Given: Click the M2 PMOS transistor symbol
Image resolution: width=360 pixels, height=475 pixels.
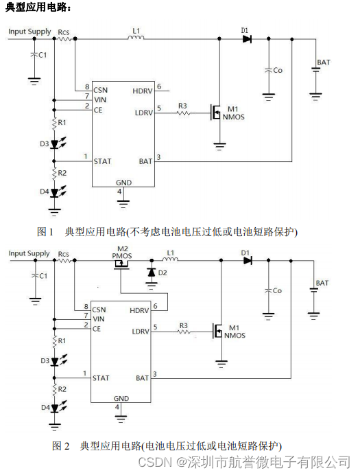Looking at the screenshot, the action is (x=121, y=265).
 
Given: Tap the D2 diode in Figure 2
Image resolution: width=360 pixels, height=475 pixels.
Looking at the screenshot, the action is (x=152, y=273).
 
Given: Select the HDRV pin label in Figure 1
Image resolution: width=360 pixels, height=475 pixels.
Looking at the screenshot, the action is (x=142, y=91).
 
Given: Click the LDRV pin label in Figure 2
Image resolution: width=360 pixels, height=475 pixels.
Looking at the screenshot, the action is (x=141, y=332).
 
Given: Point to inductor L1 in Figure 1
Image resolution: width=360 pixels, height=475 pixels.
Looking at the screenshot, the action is (x=136, y=37).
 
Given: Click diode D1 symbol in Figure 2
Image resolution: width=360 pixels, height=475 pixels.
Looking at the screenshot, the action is (x=248, y=260).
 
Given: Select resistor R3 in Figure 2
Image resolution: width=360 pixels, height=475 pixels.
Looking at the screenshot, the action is (x=184, y=332).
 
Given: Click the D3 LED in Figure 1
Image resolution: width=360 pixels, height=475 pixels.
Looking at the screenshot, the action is (x=54, y=144).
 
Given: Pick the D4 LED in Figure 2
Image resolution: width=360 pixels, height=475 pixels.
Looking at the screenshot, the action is (x=54, y=408).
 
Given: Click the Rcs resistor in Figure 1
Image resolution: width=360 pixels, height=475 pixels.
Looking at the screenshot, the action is (x=64, y=38).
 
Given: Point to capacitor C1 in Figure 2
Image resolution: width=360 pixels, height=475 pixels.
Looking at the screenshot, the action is (x=36, y=275).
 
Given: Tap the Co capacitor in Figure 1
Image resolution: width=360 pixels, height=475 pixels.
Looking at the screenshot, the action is (x=269, y=70).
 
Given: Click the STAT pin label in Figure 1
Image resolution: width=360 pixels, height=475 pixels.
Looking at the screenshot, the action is (x=102, y=161).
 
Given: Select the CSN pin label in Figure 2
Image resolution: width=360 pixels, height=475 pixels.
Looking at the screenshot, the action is (x=99, y=310).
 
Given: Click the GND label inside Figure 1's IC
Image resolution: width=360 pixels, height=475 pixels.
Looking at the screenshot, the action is (x=123, y=183).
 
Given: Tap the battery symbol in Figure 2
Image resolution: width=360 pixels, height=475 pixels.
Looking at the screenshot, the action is (x=314, y=290).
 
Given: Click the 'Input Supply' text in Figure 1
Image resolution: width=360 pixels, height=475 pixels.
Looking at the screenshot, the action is (x=29, y=32).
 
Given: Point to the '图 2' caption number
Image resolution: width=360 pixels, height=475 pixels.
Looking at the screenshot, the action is (x=61, y=446).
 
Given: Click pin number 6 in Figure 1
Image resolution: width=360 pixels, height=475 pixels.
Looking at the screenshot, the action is (x=159, y=86).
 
